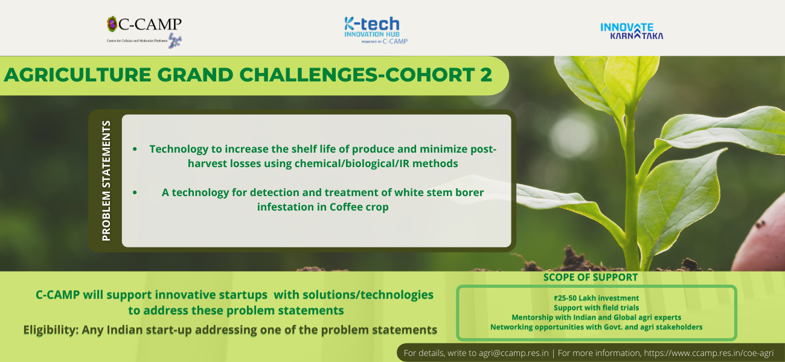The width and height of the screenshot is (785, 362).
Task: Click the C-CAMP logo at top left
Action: (144, 32)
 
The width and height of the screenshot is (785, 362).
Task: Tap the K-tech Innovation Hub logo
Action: (376, 31)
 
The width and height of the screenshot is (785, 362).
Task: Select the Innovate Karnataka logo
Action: (632, 31)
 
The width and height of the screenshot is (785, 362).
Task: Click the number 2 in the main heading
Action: (486, 75)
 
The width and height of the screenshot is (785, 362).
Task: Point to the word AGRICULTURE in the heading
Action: (77, 75)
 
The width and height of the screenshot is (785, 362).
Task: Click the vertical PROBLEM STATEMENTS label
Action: (106, 180)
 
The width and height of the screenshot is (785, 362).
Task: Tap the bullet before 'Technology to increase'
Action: (135, 150)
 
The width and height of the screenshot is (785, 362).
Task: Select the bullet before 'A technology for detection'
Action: (135, 192)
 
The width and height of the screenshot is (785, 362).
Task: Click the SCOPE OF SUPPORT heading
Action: (591, 278)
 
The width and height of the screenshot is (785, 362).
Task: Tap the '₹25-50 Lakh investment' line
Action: (597, 298)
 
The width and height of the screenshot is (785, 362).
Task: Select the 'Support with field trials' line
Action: (597, 308)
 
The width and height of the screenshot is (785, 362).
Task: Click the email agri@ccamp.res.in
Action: (513, 353)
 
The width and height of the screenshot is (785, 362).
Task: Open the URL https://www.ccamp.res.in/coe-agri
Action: (708, 353)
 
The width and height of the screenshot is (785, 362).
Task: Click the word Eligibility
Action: (51, 330)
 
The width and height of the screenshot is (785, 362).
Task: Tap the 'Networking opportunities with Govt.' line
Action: (562, 327)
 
